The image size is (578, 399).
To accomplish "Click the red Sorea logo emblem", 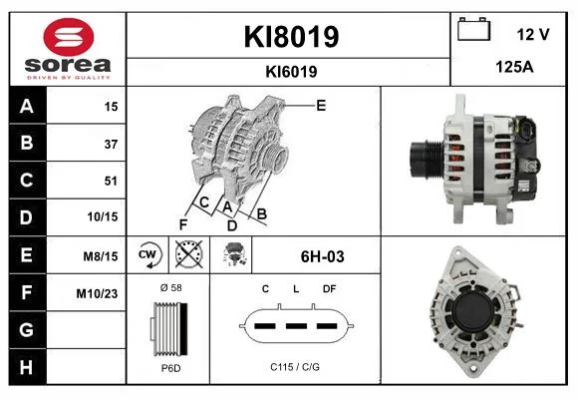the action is (x=69, y=37).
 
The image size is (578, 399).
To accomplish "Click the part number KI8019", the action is (x=291, y=37).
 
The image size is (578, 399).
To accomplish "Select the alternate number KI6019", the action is (x=291, y=72).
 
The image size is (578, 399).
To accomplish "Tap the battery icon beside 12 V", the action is (x=473, y=29).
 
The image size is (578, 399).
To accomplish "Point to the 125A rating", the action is (x=514, y=67).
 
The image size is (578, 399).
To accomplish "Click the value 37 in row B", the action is (x=111, y=144).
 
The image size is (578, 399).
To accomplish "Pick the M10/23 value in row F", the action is (x=97, y=293).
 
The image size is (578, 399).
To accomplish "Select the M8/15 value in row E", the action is (x=101, y=255).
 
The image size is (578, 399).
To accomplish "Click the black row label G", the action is (x=27, y=329).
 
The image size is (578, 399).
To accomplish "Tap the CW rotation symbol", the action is (x=147, y=254).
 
